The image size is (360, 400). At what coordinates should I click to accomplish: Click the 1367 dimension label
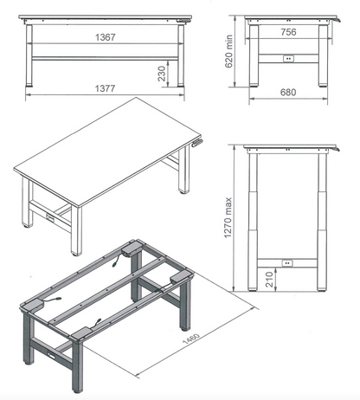click(x=106, y=37)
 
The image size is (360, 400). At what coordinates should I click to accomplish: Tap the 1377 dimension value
click(x=106, y=88)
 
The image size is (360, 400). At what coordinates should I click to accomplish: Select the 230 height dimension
click(x=162, y=74)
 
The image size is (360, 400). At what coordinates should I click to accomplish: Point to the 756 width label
click(x=288, y=32)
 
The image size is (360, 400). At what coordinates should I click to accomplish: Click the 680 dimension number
click(x=288, y=93)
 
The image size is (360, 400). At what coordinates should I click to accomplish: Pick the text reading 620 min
click(x=228, y=51)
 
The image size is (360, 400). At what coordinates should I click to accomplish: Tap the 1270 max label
click(x=228, y=218)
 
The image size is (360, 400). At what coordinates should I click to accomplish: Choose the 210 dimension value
click(x=269, y=279)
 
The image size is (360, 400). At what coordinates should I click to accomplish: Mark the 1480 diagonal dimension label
click(x=191, y=339)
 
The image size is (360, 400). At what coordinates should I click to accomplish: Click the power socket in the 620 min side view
click(x=288, y=59)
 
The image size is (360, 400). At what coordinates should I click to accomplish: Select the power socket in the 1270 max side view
click(x=287, y=263)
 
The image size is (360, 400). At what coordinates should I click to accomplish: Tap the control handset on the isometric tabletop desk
click(x=197, y=143)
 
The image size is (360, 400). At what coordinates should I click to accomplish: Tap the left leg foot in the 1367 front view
click(x=29, y=85)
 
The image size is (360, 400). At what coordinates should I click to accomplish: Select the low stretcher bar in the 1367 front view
click(x=105, y=58)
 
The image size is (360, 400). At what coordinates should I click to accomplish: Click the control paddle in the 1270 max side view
click(x=336, y=149)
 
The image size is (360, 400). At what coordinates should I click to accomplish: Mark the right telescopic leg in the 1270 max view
click(x=322, y=222)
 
